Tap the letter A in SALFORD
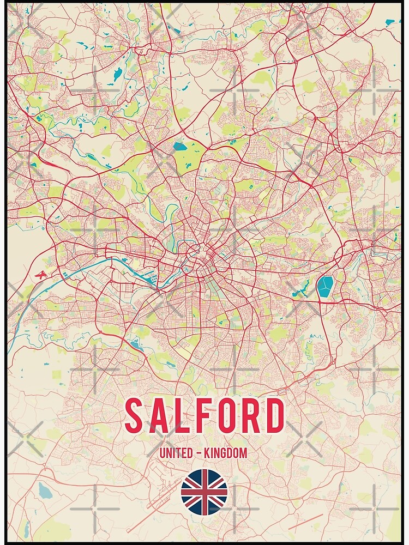click(x=162, y=416)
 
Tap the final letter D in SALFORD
click(x=275, y=416)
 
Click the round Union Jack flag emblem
click(x=204, y=492)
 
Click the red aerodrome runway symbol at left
click(x=39, y=275)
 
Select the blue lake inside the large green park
click(x=179, y=146)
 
